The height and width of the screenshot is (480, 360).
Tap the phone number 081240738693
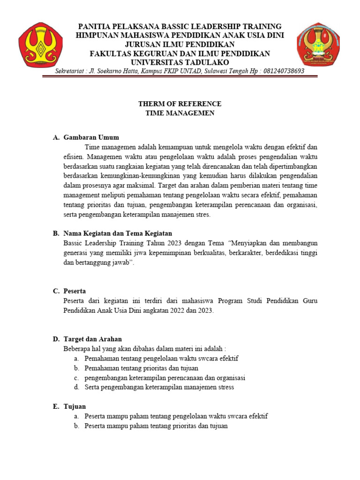[x=277, y=71]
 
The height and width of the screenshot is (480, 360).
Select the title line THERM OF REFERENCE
[x=180, y=104]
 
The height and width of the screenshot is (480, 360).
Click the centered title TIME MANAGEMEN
[x=180, y=113]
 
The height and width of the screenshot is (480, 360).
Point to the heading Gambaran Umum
[x=91, y=137]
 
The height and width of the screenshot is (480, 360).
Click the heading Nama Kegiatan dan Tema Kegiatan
[x=118, y=233]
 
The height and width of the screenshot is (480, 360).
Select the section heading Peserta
[x=76, y=291]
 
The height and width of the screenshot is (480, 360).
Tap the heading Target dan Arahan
[x=93, y=339]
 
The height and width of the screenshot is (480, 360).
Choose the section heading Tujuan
[x=75, y=406]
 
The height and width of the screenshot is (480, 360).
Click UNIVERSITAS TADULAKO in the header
[x=180, y=62]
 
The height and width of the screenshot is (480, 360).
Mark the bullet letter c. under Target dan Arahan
[x=75, y=378]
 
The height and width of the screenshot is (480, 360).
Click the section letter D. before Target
[x=56, y=339]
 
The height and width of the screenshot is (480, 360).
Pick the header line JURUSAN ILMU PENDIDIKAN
[x=180, y=45]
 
